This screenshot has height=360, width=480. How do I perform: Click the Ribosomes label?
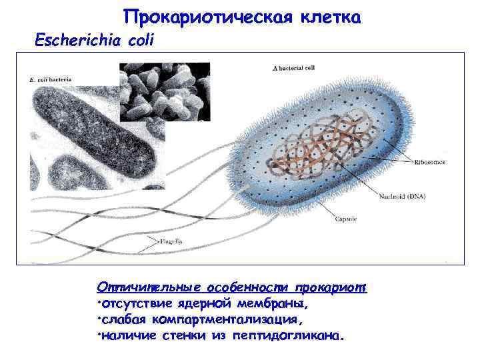click(x=431, y=162)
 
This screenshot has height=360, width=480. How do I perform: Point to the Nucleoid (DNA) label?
click(x=403, y=197)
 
